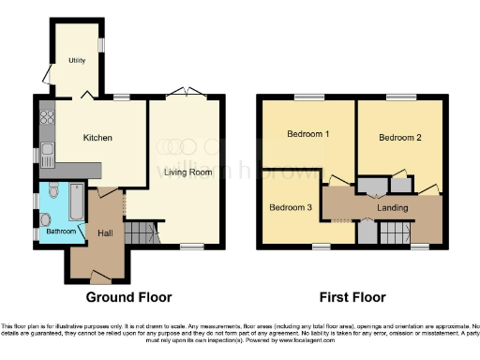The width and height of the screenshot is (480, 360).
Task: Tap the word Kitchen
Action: pyautogui.click(x=97, y=138)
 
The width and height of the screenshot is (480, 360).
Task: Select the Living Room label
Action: pyautogui.click(x=186, y=171)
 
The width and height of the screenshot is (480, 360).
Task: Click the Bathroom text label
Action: pyautogui.click(x=62, y=231)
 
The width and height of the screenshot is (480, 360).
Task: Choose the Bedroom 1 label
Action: pyautogui.click(x=307, y=134)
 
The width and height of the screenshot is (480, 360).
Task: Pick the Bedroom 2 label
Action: pyautogui.click(x=399, y=138)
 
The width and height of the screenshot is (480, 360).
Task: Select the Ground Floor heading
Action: pyautogui.click(x=129, y=297)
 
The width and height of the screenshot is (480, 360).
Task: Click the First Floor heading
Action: pyautogui.click(x=352, y=297)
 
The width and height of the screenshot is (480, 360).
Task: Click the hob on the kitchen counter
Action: pyautogui.click(x=47, y=119)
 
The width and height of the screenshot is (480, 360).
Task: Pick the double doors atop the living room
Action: pyautogui.click(x=185, y=94)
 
